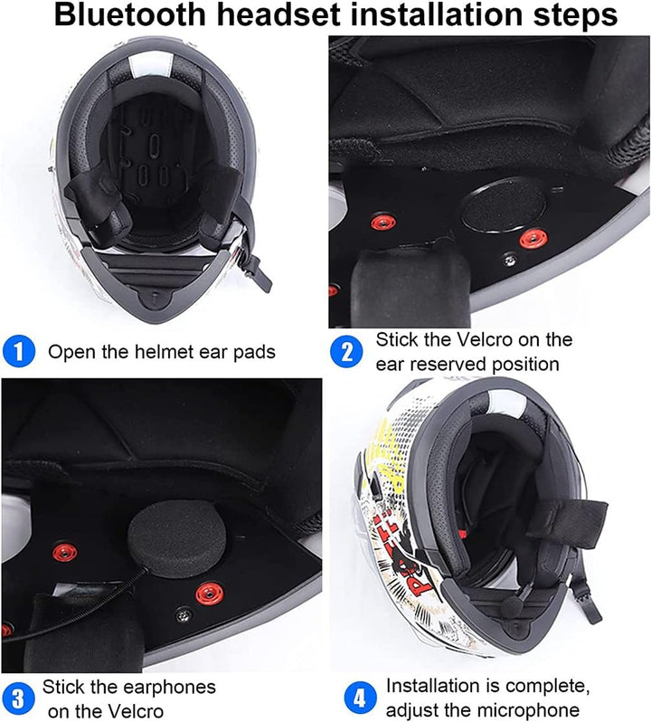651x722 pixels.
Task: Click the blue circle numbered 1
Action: (20, 351)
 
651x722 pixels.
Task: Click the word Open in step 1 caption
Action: (70, 351)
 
